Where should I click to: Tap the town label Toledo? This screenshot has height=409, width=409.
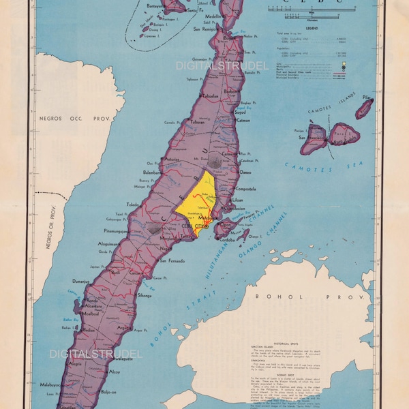click(134, 204)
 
